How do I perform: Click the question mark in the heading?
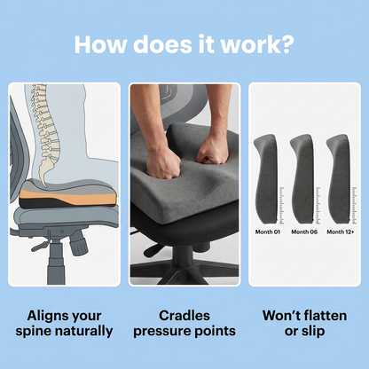point(287,44)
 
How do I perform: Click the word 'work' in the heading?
point(249,44)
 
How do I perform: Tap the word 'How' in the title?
point(100,44)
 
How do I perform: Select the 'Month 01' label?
point(267,232)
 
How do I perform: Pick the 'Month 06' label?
point(304,232)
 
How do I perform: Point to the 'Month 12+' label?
point(341,232)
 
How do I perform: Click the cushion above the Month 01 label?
point(265,178)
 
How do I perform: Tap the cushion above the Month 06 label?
point(302,178)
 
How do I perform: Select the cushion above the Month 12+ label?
point(339,178)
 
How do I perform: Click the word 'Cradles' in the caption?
point(184,316)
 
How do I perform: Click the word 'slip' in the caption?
point(314,332)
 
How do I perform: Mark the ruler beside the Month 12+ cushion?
point(355,205)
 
